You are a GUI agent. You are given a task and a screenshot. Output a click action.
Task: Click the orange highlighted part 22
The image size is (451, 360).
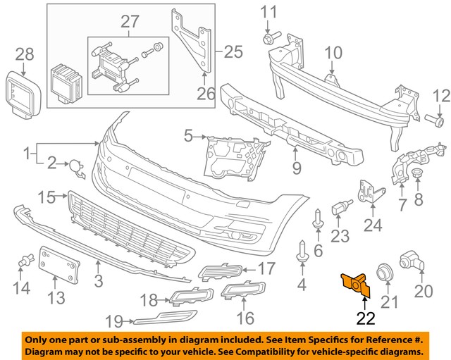point(355,283)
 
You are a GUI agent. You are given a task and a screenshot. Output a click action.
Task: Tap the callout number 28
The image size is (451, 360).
point(25,54)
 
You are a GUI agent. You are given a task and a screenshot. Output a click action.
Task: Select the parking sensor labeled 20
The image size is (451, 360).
point(412,262)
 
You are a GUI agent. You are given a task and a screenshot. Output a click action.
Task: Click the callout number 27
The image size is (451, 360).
point(130,22)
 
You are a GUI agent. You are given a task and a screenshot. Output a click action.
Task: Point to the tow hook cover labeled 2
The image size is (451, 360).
point(74,167)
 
